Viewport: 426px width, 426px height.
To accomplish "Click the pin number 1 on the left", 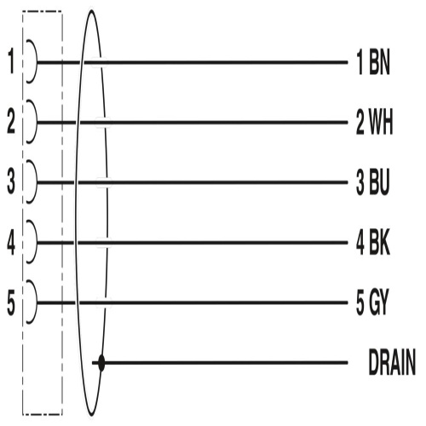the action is (x=11, y=61).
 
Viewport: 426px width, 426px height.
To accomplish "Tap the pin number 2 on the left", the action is (x=11, y=121).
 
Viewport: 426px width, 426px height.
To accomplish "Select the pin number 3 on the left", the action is (x=11, y=181).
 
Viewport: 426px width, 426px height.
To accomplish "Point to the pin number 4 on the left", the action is (x=11, y=242).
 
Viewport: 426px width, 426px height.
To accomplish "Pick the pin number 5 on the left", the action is (x=11, y=302).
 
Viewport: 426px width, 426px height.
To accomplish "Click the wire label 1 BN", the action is (x=373, y=62).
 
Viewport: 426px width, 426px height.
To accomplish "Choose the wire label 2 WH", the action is (x=375, y=123).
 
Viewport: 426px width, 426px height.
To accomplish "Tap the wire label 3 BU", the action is (x=372, y=182).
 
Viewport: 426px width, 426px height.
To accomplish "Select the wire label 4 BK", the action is (x=373, y=243).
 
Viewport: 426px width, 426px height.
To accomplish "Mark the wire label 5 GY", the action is (x=372, y=302).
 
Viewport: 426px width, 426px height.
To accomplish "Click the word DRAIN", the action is (x=392, y=363).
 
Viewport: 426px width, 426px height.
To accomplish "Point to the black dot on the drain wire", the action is (x=101, y=363).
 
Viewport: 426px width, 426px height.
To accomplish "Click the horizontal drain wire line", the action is (x=220, y=363).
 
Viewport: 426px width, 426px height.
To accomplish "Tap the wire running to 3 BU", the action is (x=193, y=182).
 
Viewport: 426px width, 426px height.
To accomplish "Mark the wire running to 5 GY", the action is (x=193, y=302).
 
